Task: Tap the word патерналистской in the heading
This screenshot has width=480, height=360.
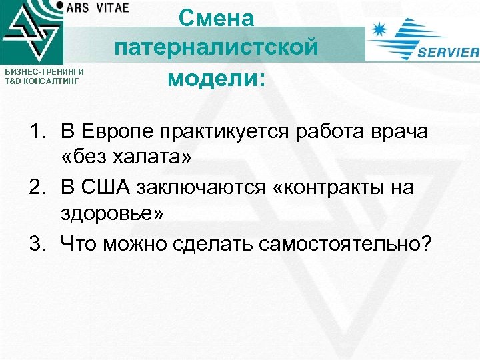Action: [216, 48]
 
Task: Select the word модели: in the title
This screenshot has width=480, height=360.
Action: [216, 78]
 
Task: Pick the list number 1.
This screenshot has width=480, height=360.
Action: [36, 133]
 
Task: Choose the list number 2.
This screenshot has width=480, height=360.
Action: [36, 189]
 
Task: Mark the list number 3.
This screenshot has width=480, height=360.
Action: [36, 245]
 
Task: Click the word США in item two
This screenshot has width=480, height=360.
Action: [106, 189]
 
